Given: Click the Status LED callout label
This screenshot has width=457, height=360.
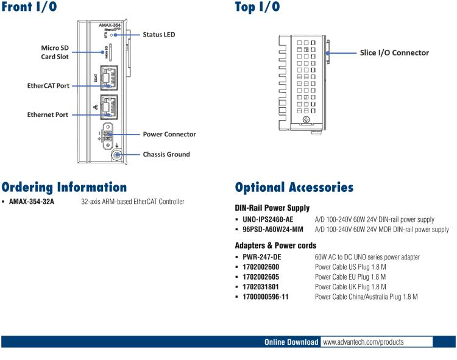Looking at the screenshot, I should point(158,35).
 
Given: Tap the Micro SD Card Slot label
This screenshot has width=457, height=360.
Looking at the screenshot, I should point(55,52).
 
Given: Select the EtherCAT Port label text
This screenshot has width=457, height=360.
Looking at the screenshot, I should point(48,86).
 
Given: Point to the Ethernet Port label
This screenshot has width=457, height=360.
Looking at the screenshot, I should point(48,115).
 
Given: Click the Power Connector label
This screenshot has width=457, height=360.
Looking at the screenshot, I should point(169,134).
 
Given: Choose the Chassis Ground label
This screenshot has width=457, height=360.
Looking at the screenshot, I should point(166,154).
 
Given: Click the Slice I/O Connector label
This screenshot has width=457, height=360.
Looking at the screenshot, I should point(394,53).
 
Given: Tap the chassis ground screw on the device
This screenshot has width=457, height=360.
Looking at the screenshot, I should point(116,155).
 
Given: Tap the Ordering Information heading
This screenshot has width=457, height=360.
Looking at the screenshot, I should point(64,187).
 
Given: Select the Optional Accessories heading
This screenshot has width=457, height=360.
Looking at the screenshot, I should point(294,187).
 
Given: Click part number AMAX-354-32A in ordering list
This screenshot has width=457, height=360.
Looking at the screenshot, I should point(32,202).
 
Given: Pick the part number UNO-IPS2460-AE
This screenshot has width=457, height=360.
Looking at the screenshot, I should point(267,219).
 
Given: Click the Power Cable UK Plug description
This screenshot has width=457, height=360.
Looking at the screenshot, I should point(350,286).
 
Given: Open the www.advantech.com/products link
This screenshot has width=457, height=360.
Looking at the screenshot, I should point(363,342).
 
